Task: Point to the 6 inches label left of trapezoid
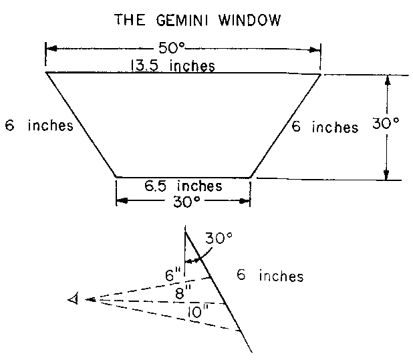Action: click(38, 126)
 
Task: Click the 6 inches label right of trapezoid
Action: click(325, 126)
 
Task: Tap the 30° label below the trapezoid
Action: click(182, 202)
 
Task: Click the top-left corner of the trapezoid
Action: click(45, 72)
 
